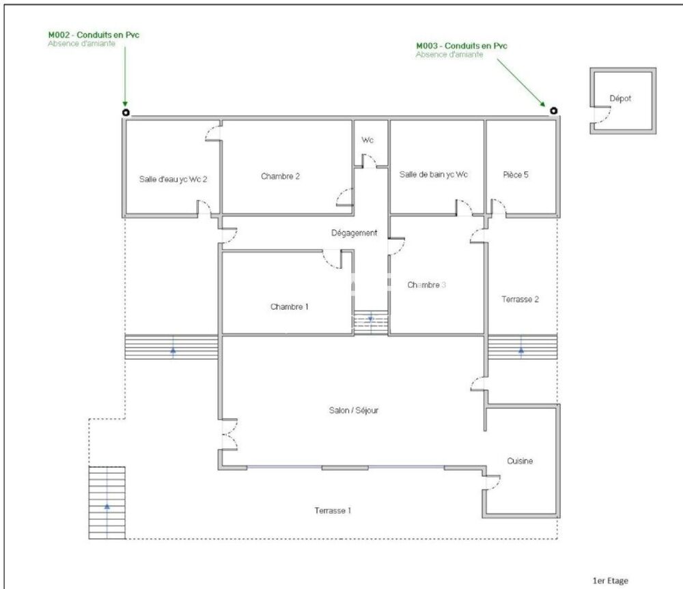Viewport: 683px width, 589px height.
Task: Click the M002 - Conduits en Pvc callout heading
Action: pyautogui.click(x=94, y=35)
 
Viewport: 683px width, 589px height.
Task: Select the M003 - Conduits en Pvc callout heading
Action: pyautogui.click(x=462, y=46)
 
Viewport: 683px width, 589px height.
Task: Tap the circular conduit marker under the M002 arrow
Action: pyautogui.click(x=126, y=113)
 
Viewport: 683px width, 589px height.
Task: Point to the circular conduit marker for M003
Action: pyautogui.click(x=554, y=111)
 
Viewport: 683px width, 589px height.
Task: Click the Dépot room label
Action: pyautogui.click(x=620, y=98)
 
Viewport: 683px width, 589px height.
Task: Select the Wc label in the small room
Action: pyautogui.click(x=367, y=140)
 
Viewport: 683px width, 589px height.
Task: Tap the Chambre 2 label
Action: pyautogui.click(x=280, y=176)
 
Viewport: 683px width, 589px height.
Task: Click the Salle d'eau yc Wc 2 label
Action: pyautogui.click(x=173, y=179)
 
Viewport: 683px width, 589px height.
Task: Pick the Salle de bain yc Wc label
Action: pyautogui.click(x=434, y=175)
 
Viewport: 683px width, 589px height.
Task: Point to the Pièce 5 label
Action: pyautogui.click(x=515, y=175)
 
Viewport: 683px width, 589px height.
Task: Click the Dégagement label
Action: pyautogui.click(x=354, y=233)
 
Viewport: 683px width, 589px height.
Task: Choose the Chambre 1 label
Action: pyautogui.click(x=289, y=307)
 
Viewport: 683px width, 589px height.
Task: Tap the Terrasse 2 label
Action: pyautogui.click(x=520, y=300)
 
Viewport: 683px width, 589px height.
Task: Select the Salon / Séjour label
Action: pyautogui.click(x=354, y=410)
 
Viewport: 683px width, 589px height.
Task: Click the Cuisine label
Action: pyautogui.click(x=520, y=461)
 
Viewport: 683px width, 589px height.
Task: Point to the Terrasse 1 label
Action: pyautogui.click(x=333, y=511)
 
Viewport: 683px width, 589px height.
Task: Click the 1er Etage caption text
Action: pyautogui.click(x=610, y=581)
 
